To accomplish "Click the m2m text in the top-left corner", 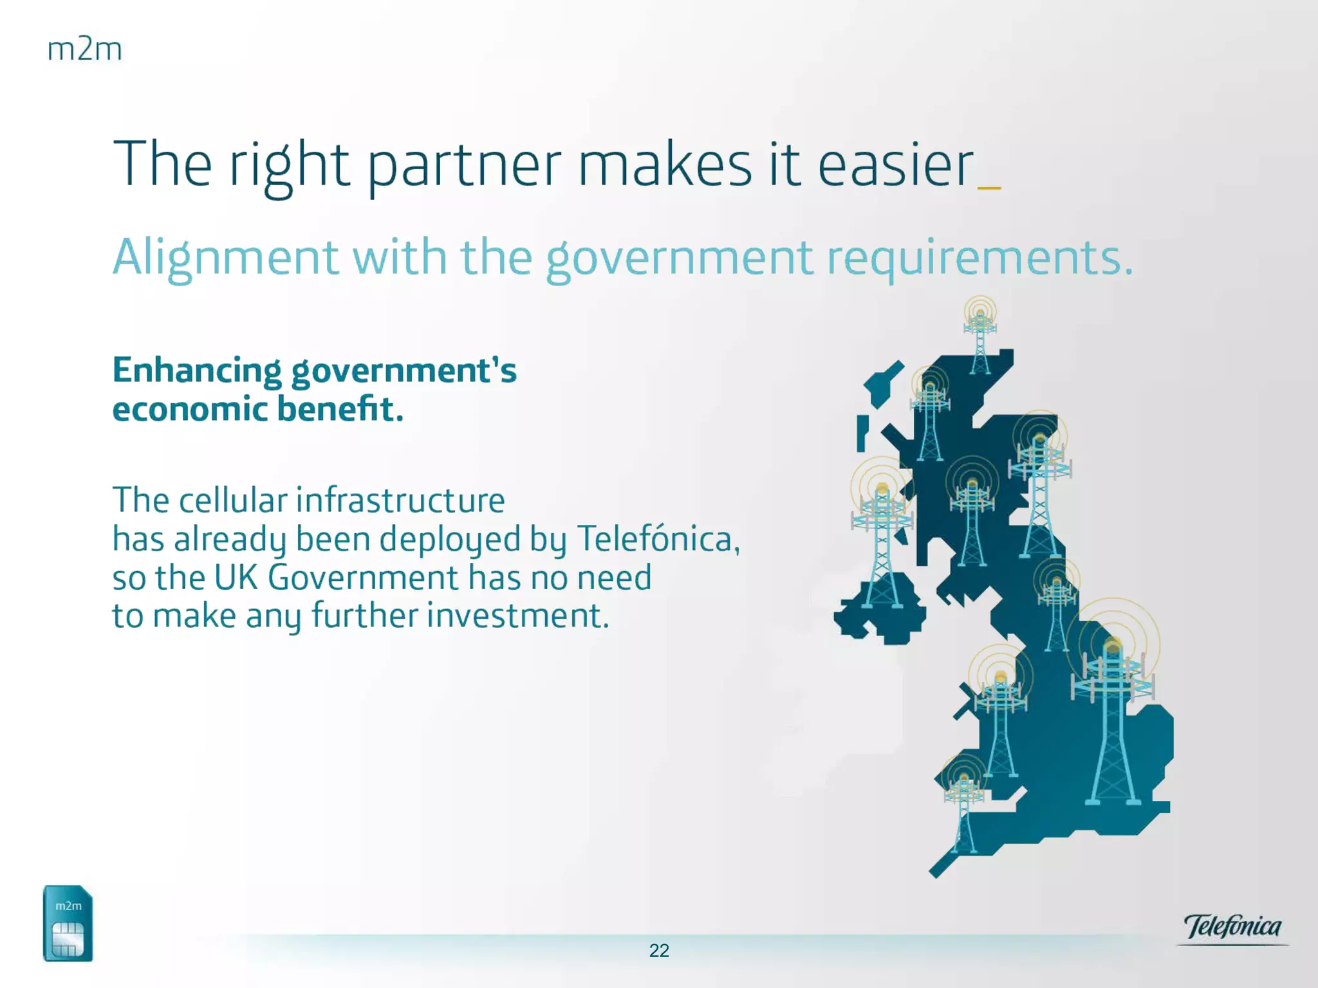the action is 85,50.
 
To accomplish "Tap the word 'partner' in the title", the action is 464,165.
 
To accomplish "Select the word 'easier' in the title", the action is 895,165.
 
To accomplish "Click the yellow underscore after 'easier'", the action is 989,188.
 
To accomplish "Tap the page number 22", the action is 659,950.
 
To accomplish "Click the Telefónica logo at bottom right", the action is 1232,928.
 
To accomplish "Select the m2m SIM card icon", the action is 68,923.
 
